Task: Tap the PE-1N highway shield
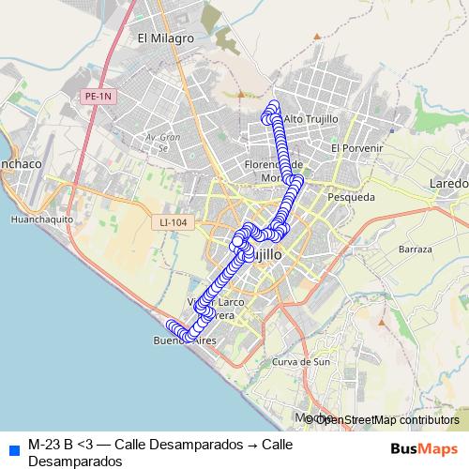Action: (97, 96)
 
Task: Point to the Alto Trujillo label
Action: (310, 119)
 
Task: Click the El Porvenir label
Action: (357, 148)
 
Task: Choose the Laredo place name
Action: (447, 183)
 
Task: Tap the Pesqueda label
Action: (351, 197)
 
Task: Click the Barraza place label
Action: (415, 250)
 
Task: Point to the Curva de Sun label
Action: (300, 361)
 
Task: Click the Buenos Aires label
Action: (184, 341)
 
